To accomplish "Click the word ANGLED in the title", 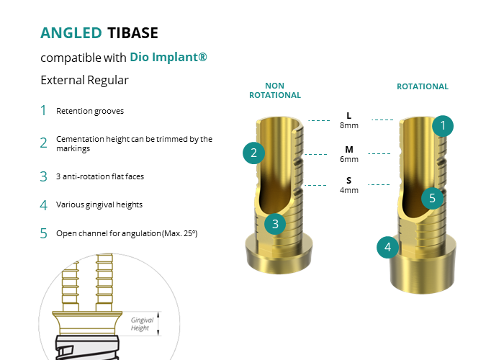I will coord(71,33).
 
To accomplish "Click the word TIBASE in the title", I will coord(132,33).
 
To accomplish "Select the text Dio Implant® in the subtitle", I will coord(168,57).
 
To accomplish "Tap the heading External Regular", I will coord(84,80).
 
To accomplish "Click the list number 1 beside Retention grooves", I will coord(43,111).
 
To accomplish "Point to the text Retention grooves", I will coord(90,112).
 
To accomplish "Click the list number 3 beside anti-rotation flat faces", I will coord(43,176).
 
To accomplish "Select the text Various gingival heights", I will coord(99,204).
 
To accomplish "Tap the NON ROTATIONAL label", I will coord(275,91).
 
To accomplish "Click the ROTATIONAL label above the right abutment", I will coord(423,86).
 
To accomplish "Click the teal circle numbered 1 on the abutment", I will coord(443,126).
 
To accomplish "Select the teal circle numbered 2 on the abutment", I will coord(253,153).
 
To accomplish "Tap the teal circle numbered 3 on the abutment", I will coord(275,223).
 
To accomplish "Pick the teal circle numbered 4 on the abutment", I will coord(388,248).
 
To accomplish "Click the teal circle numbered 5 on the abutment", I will coord(432,198).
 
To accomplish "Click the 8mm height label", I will coord(349,124).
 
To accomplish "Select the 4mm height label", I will coord(349,190).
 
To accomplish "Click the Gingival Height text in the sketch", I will coord(140,324).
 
